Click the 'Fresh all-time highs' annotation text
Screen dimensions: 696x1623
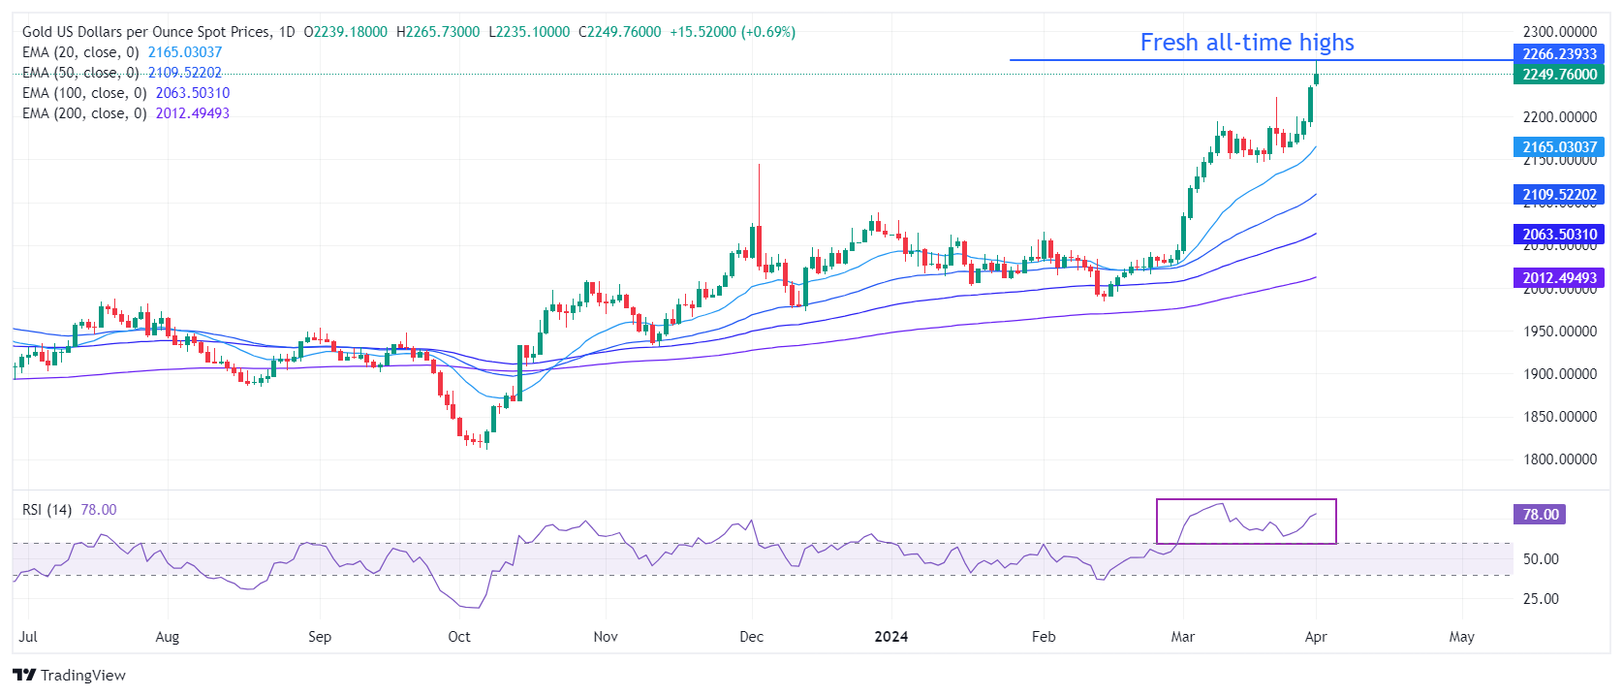tap(1246, 43)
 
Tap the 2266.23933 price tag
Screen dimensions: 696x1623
tap(1559, 54)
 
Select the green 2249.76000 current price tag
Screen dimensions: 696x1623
tap(1559, 75)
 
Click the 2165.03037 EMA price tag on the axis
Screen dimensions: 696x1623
tap(1559, 147)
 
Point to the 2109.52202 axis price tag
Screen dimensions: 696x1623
tap(1559, 195)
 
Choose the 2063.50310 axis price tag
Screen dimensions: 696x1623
tap(1559, 235)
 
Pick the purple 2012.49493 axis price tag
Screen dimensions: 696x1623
tap(1559, 278)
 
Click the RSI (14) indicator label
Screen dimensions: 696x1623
tap(47, 510)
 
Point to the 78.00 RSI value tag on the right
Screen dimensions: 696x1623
tap(1540, 515)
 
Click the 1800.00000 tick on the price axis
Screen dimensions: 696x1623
tap(1559, 459)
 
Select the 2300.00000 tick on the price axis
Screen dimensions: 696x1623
tap(1559, 32)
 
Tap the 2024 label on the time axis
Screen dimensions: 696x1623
tap(890, 637)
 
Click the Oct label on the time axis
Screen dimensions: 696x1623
tap(459, 637)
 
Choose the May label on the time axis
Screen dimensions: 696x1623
tap(1461, 637)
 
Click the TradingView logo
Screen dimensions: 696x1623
tap(70, 675)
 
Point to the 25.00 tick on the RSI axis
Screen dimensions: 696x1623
tap(1541, 599)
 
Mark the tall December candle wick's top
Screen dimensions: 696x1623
tap(759, 165)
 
